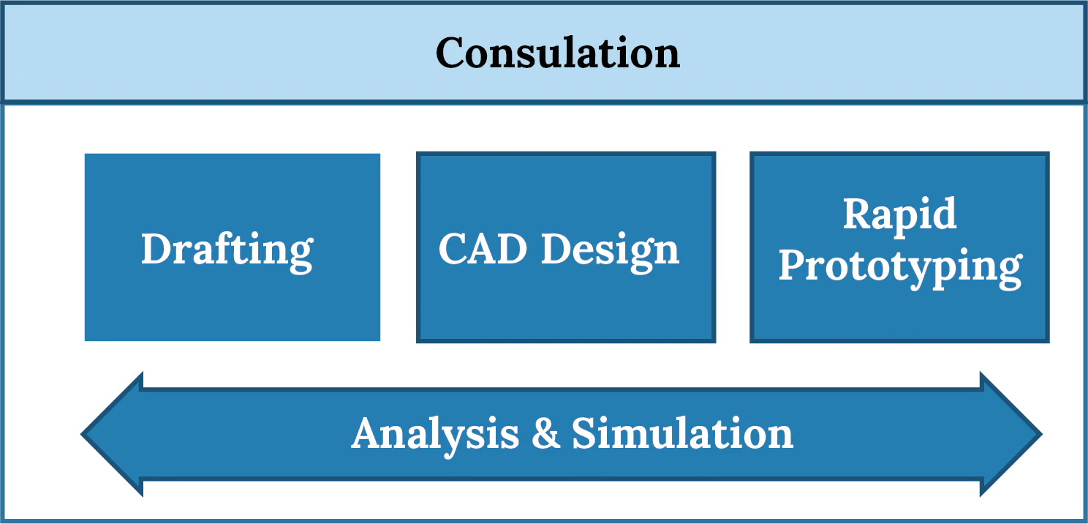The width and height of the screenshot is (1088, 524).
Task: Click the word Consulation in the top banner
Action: coord(558,53)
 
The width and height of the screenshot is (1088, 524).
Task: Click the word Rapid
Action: coord(899,214)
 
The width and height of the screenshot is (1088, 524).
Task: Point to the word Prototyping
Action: coord(899,266)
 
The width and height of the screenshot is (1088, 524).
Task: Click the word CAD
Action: coord(484,250)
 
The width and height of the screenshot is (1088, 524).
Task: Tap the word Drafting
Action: coord(227,250)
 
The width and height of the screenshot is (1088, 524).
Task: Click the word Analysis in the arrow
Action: coord(435,433)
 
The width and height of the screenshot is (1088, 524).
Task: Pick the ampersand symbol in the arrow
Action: coord(545,433)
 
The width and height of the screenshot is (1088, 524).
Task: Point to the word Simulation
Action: coord(682,433)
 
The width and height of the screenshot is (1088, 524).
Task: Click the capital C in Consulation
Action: coord(453,53)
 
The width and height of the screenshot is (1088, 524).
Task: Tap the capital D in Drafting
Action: coord(156,249)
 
